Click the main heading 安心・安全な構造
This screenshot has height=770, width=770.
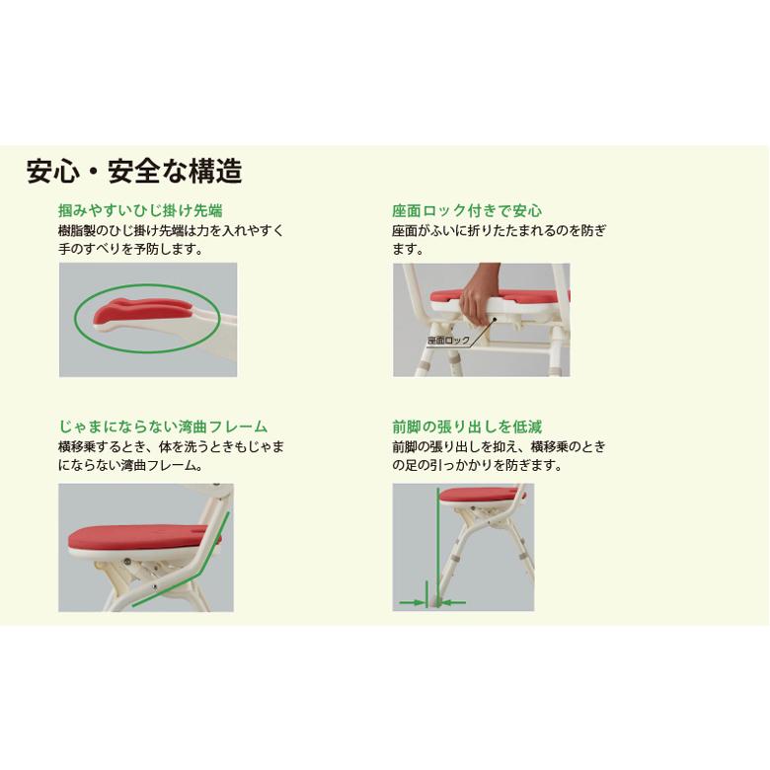tap(134, 171)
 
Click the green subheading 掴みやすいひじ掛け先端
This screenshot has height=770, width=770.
tap(140, 210)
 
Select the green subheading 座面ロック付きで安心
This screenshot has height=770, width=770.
tap(467, 210)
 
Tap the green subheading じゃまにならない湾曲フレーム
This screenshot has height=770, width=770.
tap(163, 426)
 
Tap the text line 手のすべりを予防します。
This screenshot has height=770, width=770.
tap(130, 249)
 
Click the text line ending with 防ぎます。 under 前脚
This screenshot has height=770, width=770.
tap(477, 465)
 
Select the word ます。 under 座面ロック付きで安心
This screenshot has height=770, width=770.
tap(408, 249)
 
